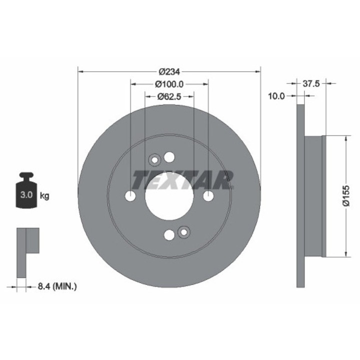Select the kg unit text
pos(44,195)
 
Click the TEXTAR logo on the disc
pos(182,179)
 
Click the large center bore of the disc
pos(169,196)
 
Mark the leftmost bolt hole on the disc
pos(130,196)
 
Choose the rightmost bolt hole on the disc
pos(208,196)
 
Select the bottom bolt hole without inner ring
pos(169,235)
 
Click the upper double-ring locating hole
pos(154,160)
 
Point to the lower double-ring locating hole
pos(183,232)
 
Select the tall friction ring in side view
pos(300,196)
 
